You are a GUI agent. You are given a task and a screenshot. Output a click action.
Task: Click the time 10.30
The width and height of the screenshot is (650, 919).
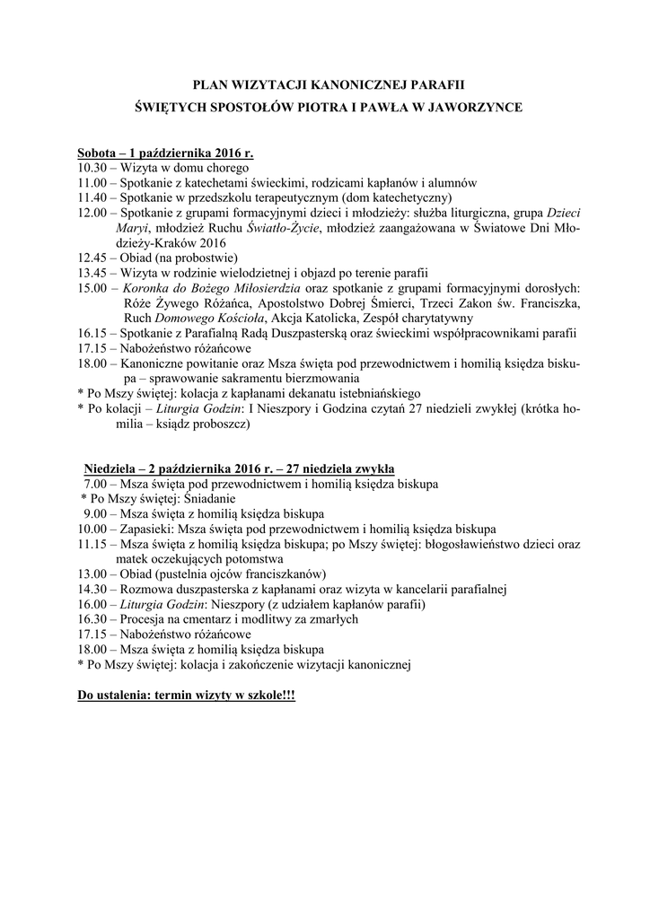pyautogui.click(x=92, y=167)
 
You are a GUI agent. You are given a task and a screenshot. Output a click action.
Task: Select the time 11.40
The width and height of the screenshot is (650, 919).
pyautogui.click(x=92, y=197)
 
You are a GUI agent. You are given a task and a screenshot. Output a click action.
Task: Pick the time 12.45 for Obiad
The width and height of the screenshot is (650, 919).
pyautogui.click(x=92, y=258)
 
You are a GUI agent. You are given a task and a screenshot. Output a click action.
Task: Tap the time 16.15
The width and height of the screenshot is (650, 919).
pyautogui.click(x=92, y=333)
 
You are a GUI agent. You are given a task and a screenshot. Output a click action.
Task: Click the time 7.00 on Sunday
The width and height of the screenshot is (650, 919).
pyautogui.click(x=94, y=484)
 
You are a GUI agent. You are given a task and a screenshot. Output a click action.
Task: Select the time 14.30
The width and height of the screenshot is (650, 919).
pyautogui.click(x=92, y=590)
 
